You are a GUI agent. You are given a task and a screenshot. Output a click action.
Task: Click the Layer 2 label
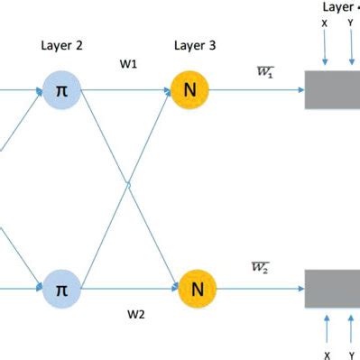tap(62, 44)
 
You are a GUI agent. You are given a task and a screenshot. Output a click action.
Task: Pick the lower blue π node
tap(62, 290)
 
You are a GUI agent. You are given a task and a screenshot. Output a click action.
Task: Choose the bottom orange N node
tap(196, 290)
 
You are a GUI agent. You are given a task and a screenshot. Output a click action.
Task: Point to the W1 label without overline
tap(129, 65)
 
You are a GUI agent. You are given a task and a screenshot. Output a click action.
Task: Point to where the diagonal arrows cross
tap(129, 187)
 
